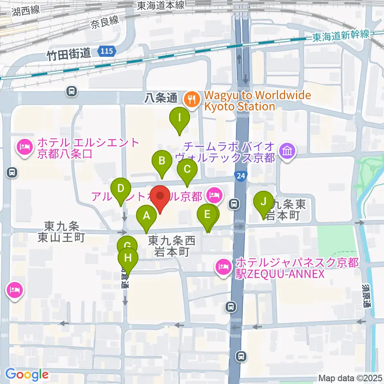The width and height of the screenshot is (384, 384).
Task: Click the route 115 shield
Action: pos(107,51)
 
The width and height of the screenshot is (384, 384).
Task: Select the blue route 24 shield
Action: pos(240,176)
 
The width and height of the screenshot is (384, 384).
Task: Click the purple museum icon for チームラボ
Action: pos(288,151)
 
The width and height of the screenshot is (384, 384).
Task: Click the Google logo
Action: pos(27,374)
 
